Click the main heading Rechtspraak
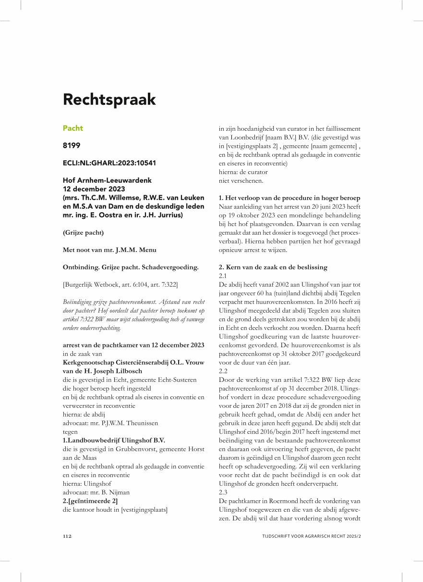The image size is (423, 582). pyautogui.click(x=109, y=100)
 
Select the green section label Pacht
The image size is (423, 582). pyautogui.click(x=73, y=128)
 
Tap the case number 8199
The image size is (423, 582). pyautogui.click(x=72, y=146)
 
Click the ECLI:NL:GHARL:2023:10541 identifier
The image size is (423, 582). pyautogui.click(x=109, y=163)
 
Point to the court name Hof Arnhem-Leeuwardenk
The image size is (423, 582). pyautogui.click(x=107, y=180)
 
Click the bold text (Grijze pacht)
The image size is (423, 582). pyautogui.click(x=83, y=233)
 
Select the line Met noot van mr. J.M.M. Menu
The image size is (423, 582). pyautogui.click(x=109, y=250)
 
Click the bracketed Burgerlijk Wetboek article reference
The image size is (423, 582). pyautogui.click(x=120, y=285)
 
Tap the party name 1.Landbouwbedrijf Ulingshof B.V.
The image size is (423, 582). pyautogui.click(x=114, y=440)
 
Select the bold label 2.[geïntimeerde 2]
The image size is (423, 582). pyautogui.click(x=90, y=501)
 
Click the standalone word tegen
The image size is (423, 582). pyautogui.click(x=70, y=431)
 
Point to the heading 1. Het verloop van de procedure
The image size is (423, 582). pyautogui.click(x=290, y=198)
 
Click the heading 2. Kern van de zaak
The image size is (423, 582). pyautogui.click(x=273, y=267)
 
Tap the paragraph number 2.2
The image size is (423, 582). pyautogui.click(x=223, y=371)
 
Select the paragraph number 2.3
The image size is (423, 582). pyautogui.click(x=223, y=493)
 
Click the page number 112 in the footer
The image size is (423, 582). pyautogui.click(x=67, y=536)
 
